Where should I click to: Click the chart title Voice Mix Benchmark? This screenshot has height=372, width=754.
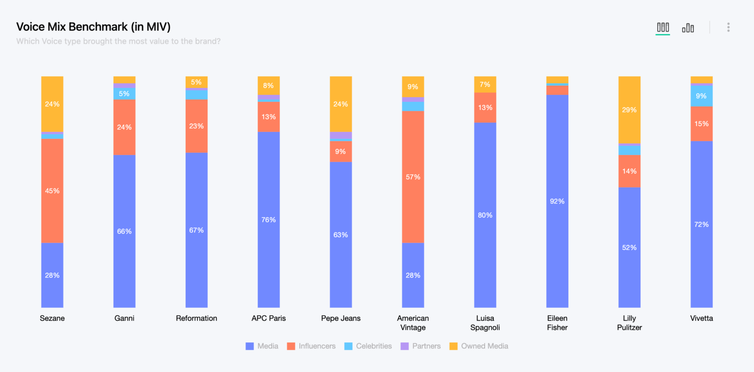coord(93,27)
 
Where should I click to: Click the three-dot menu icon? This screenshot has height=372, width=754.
coord(728,27)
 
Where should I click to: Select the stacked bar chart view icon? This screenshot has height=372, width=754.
coord(663,27)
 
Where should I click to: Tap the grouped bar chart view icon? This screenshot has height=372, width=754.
coord(688,28)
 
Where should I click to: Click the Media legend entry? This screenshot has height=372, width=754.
coord(262,346)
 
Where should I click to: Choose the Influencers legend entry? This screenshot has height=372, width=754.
coord(311,346)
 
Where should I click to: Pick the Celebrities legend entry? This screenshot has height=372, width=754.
coord(368,346)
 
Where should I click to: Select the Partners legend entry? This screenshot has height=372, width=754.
coord(420,346)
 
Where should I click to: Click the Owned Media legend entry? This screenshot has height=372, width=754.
coord(479,346)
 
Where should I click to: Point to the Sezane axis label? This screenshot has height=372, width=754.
coord(52,318)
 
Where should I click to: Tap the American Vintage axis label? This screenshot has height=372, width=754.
coord(413,323)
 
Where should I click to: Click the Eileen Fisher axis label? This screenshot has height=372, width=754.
coord(557,323)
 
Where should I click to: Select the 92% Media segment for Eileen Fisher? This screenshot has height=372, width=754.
coord(557,201)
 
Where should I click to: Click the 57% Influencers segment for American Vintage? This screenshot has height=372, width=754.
coord(413,177)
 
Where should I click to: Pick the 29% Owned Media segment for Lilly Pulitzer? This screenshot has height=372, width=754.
coord(629,110)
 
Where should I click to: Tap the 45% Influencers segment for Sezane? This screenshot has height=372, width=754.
coord(52,191)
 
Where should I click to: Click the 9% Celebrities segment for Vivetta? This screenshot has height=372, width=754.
coord(701,96)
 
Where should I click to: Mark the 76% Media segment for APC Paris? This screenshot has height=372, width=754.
coord(269,219)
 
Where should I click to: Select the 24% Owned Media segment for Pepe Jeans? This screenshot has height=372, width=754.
coord(341,104)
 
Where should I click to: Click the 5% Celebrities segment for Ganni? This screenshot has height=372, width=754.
coord(124,94)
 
